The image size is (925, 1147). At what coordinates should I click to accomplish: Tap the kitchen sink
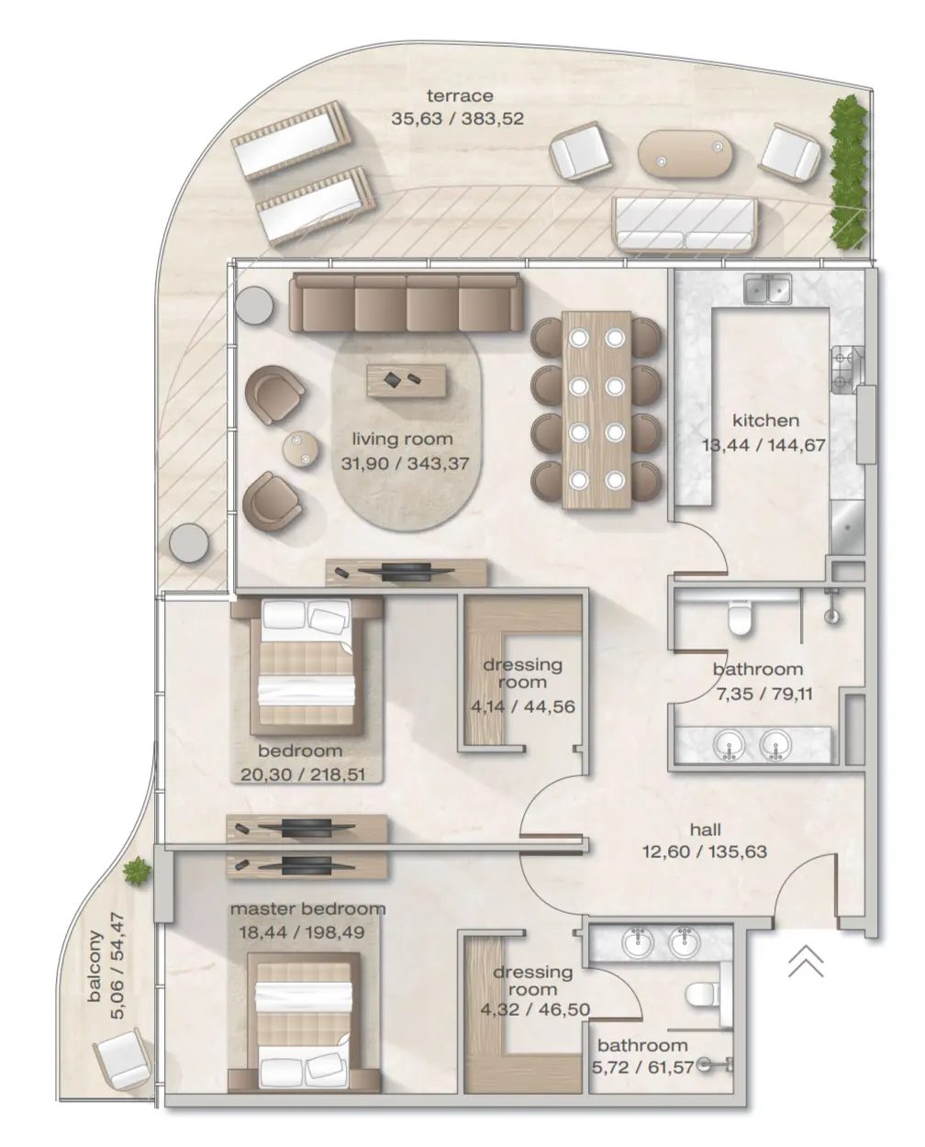(x=769, y=289)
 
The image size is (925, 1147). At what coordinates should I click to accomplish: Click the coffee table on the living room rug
(x=407, y=380)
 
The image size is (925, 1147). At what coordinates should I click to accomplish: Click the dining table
(x=596, y=410)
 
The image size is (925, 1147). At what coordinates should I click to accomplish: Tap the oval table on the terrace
(x=686, y=154)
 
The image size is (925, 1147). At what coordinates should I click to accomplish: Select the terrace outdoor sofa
(x=685, y=225)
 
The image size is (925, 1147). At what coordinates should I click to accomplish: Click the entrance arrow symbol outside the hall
(x=805, y=961)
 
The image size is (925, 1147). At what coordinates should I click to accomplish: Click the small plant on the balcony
(x=138, y=870)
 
